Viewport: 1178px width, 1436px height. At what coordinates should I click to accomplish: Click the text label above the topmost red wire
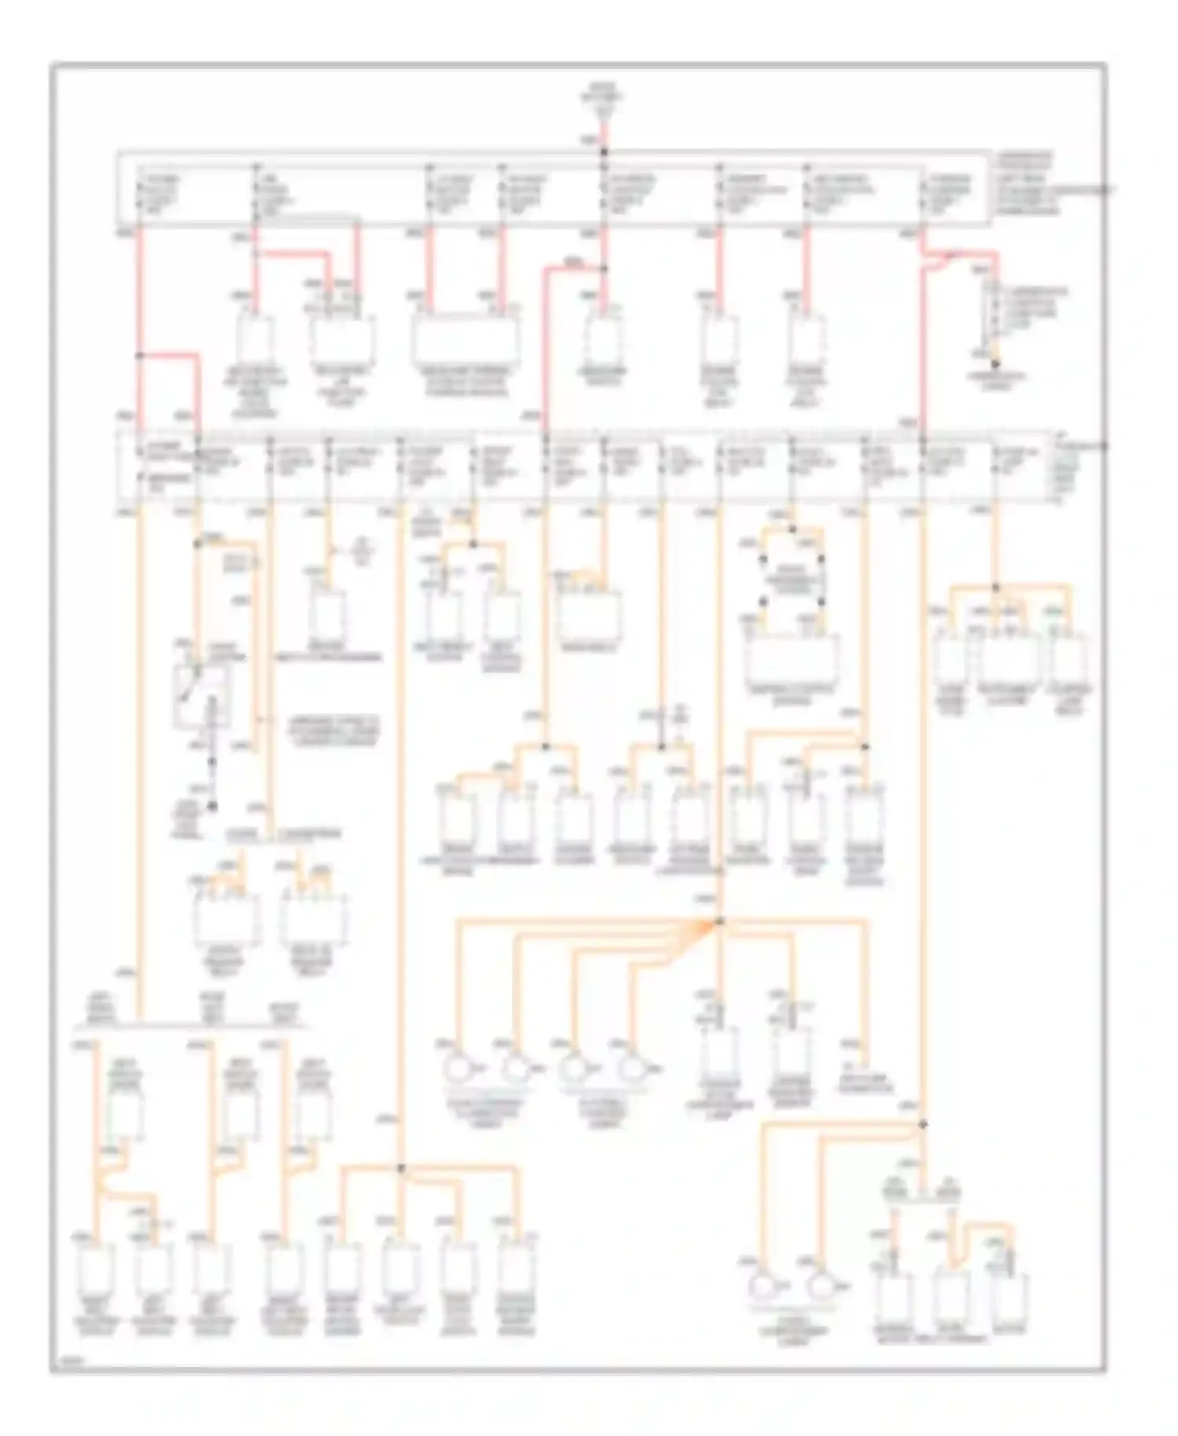(602, 98)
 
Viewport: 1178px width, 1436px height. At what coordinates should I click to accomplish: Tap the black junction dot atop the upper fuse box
(604, 152)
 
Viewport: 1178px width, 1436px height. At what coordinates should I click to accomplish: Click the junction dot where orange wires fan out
(719, 921)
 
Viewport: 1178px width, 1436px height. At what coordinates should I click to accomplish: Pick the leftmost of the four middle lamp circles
(455, 1068)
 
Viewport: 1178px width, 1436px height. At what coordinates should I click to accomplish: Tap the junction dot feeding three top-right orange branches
(996, 588)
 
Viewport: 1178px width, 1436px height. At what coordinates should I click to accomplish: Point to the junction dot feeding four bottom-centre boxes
(401, 1169)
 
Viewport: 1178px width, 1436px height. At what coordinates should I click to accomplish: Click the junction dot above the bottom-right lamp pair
(922, 1126)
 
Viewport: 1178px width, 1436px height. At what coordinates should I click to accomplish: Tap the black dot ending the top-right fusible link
(995, 364)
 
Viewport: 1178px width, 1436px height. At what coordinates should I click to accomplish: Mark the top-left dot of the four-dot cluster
(763, 560)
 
